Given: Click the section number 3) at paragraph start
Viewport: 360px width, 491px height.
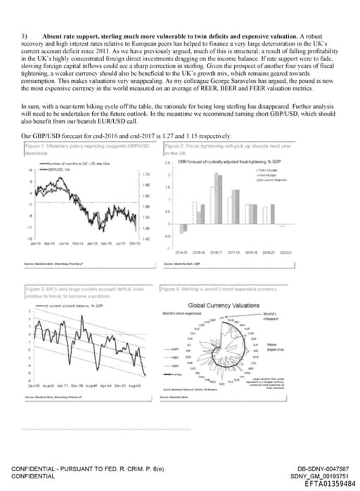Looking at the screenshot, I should [x=25, y=34].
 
